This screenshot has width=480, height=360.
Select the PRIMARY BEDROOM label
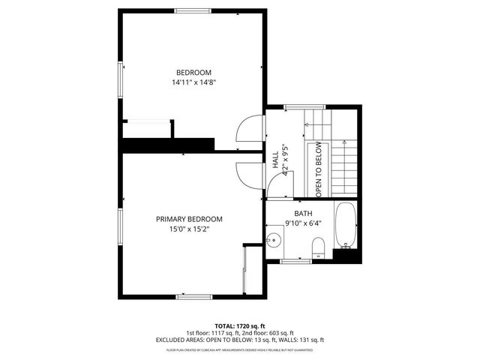click(x=189, y=219)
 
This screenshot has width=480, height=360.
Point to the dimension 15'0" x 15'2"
click(x=189, y=229)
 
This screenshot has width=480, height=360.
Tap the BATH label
click(x=303, y=212)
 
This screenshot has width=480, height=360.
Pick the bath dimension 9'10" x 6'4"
click(x=303, y=223)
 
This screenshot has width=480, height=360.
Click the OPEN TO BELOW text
click(x=318, y=169)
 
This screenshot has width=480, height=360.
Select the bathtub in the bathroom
click(x=346, y=225)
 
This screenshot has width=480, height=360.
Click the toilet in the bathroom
click(x=317, y=246)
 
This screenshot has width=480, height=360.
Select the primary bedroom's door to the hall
click(x=247, y=175)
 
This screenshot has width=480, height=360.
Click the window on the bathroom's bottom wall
click(x=296, y=261)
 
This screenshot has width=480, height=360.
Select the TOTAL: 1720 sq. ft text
click(x=240, y=326)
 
